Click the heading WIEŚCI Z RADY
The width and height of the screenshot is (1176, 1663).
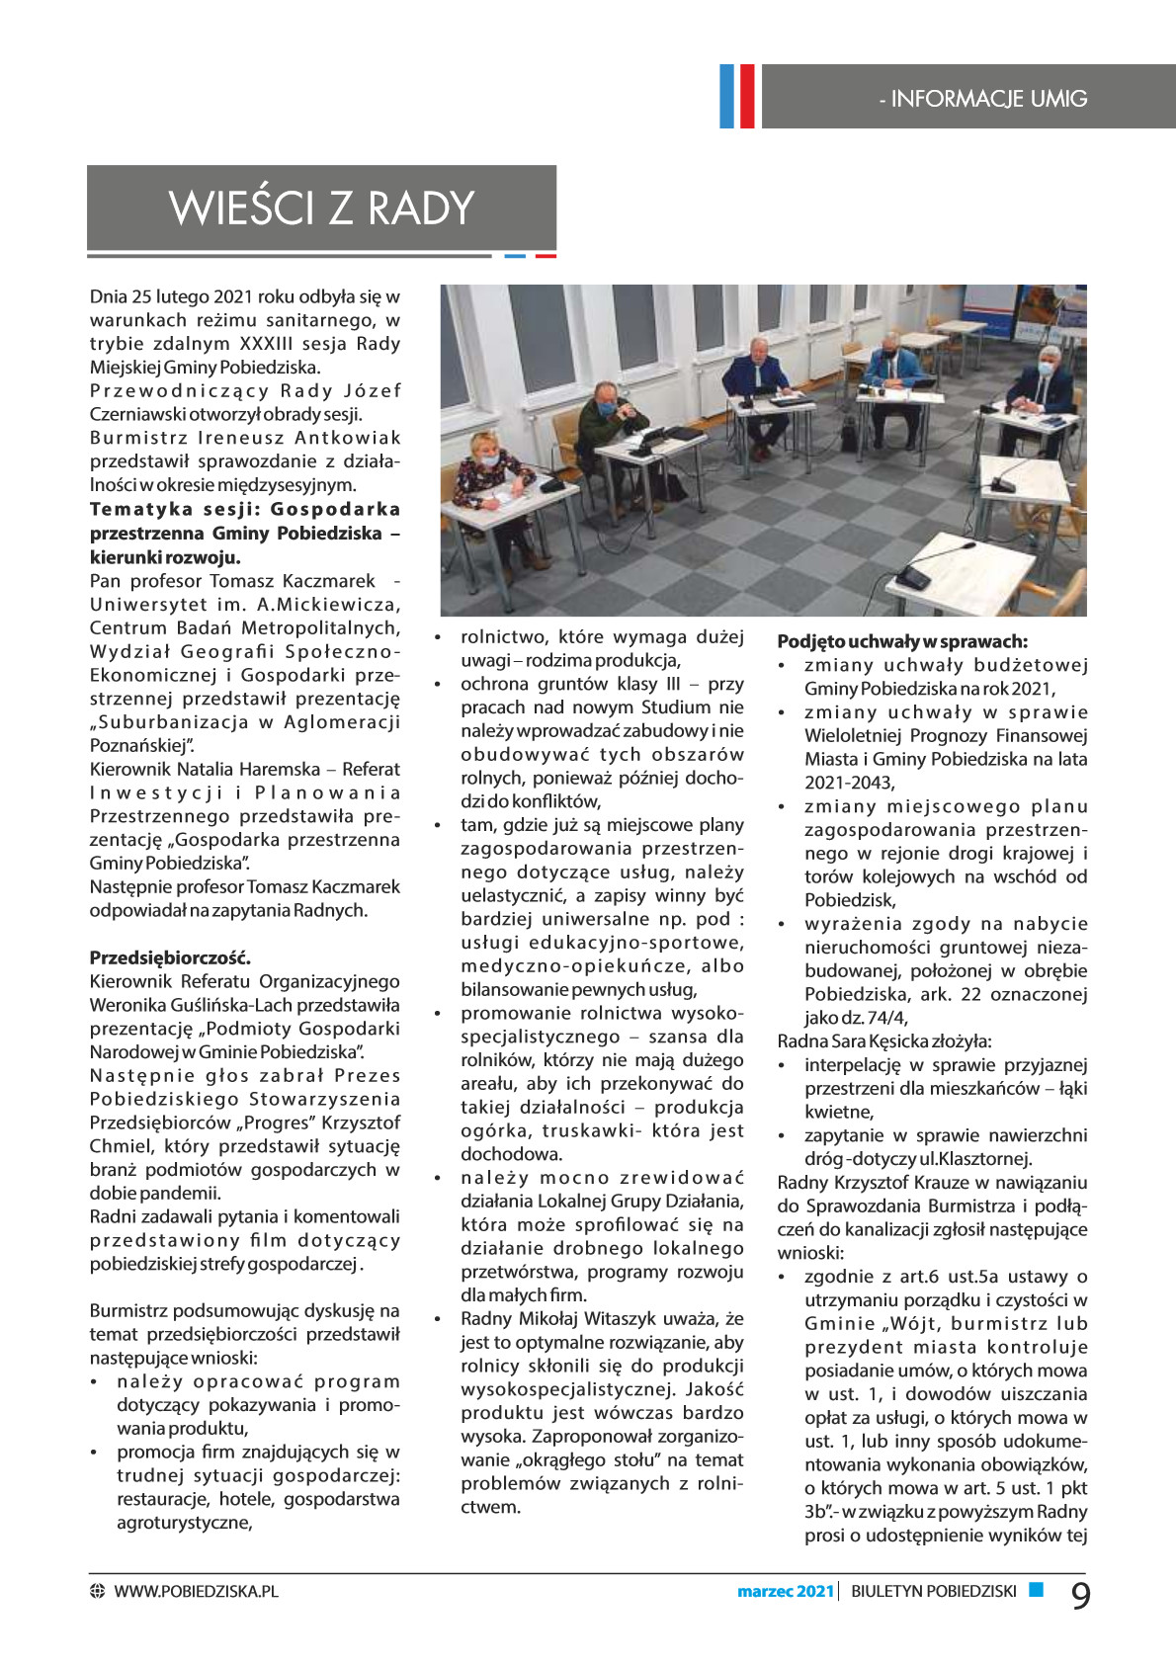tap(322, 208)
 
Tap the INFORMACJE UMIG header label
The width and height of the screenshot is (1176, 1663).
tap(983, 99)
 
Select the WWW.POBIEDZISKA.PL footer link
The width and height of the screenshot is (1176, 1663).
tap(196, 1591)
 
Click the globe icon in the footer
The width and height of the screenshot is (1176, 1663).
tap(97, 1591)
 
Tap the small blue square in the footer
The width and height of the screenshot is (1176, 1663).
tap(1036, 1589)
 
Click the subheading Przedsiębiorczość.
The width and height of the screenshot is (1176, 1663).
tap(170, 957)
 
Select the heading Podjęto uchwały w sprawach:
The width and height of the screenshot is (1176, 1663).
tap(902, 641)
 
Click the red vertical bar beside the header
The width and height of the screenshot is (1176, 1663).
tap(746, 96)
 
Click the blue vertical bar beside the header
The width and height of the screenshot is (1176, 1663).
tap(727, 96)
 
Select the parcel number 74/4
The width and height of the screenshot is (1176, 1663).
tap(886, 1018)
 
